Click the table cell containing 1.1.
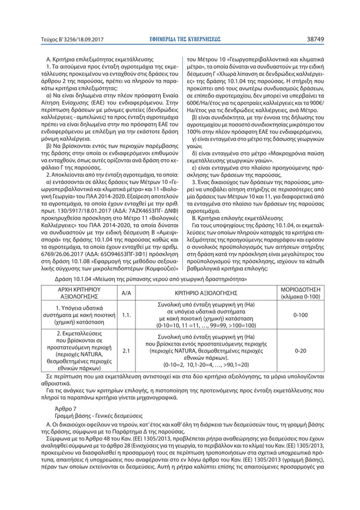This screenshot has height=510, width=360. [126, 315]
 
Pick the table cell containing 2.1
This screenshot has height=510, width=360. [126, 350]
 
